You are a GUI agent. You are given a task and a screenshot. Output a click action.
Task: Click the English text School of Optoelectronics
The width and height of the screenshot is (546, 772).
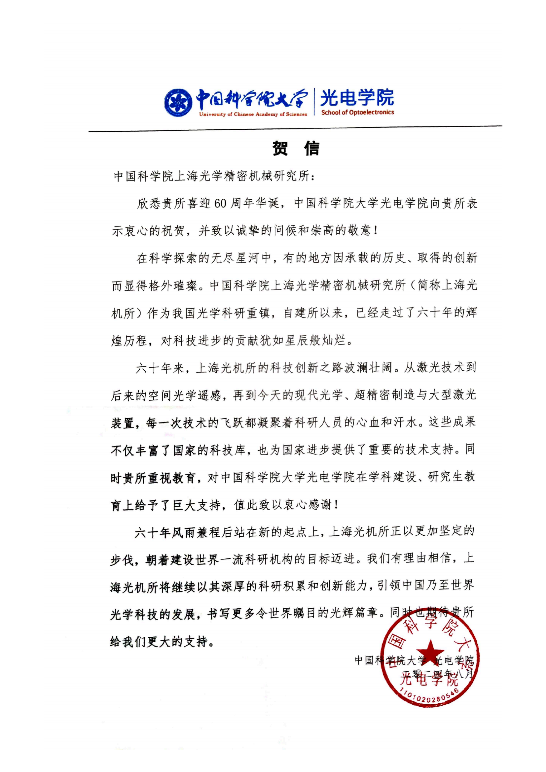(x=357, y=113)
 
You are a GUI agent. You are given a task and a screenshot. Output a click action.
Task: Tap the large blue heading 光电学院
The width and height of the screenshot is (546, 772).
(x=357, y=97)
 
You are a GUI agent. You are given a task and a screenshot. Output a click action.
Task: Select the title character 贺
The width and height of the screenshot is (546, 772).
(x=280, y=148)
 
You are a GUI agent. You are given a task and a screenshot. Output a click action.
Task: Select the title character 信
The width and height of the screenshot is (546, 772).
(x=311, y=148)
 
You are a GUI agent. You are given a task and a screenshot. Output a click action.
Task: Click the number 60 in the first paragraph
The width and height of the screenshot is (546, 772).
(x=220, y=203)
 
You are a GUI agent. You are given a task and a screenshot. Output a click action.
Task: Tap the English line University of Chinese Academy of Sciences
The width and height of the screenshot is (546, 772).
(x=253, y=114)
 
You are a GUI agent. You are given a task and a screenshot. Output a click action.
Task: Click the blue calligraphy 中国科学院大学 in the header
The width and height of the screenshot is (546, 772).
(x=252, y=99)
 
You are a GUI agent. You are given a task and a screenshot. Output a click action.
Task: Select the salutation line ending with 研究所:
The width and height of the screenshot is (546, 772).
(x=214, y=176)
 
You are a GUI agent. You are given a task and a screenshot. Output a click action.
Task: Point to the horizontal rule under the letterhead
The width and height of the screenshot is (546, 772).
(x=295, y=129)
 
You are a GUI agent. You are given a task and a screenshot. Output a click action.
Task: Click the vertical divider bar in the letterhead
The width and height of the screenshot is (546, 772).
(x=314, y=102)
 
